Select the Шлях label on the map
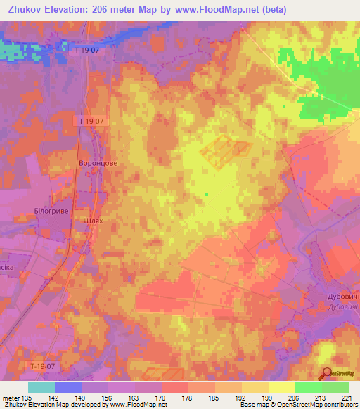[94, 220]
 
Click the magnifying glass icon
[325, 374]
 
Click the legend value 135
[27, 398]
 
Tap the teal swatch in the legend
[41, 387]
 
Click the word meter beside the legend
[11, 398]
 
